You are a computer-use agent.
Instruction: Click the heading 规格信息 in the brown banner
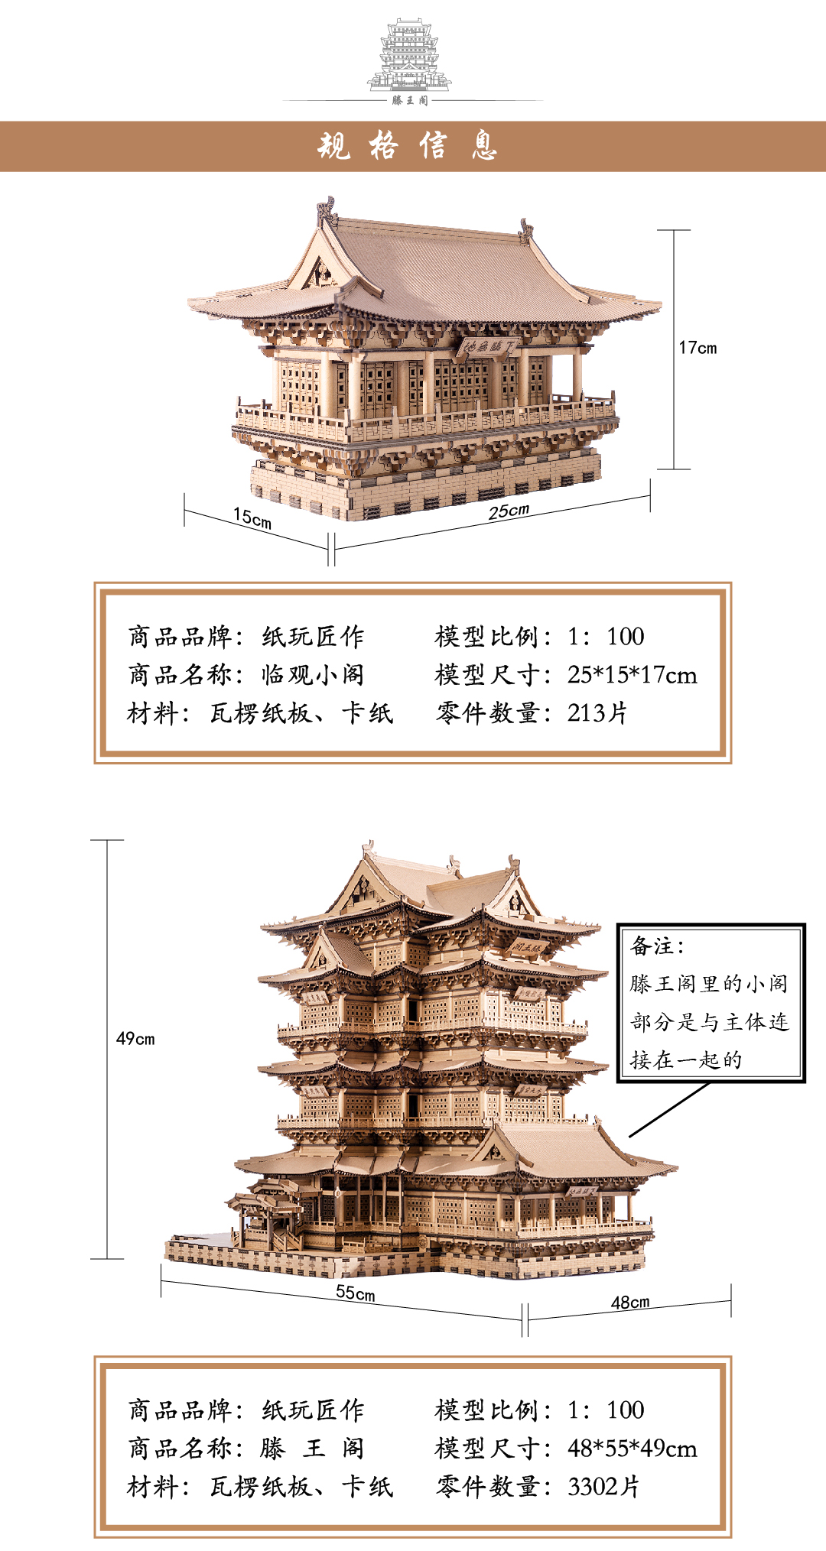tap(408, 145)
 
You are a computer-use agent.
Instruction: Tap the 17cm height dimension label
tap(698, 348)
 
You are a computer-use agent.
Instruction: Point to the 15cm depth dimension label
tap(252, 518)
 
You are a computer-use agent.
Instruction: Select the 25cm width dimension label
tap(509, 511)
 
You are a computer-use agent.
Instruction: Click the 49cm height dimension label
tap(135, 1038)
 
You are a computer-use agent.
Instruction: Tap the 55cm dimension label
tap(356, 1293)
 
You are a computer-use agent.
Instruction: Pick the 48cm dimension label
tap(630, 1302)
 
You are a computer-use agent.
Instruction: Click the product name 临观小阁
tap(313, 675)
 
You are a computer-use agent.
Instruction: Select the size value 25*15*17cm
tap(632, 675)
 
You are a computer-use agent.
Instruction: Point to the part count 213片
tap(597, 713)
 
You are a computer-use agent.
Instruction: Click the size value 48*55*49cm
tap(632, 1449)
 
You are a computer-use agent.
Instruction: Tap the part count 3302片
tap(603, 1487)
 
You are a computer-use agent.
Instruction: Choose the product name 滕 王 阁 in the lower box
tap(313, 1449)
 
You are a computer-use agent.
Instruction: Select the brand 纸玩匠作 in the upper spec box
tap(313, 637)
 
